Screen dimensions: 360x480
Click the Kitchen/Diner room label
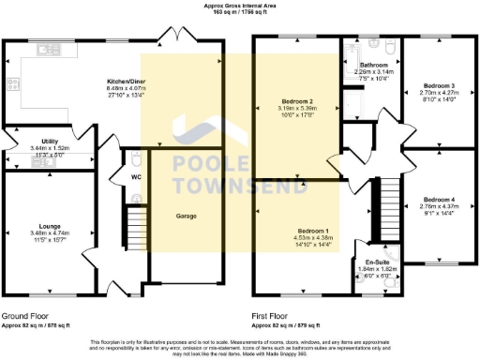(125, 82)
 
